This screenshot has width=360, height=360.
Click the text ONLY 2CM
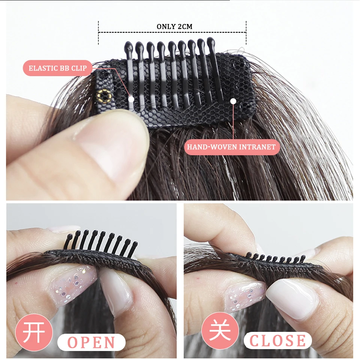click(174, 27)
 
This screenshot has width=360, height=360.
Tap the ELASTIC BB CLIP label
click(58, 68)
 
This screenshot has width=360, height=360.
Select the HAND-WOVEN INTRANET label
click(231, 147)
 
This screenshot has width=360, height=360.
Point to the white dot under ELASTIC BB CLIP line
click(131, 99)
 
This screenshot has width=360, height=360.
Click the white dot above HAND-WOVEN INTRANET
click(233, 101)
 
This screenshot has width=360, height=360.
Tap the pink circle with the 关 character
click(220, 331)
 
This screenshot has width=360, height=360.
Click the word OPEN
click(91, 342)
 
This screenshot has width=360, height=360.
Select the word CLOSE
click(277, 340)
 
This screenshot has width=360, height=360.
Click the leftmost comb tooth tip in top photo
click(128, 45)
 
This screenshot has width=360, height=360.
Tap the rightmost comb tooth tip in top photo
click(211, 41)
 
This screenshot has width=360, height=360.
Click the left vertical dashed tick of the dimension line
click(99, 33)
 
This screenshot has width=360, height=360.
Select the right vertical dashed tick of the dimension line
click(246, 33)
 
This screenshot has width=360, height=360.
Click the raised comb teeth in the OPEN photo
click(101, 242)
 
